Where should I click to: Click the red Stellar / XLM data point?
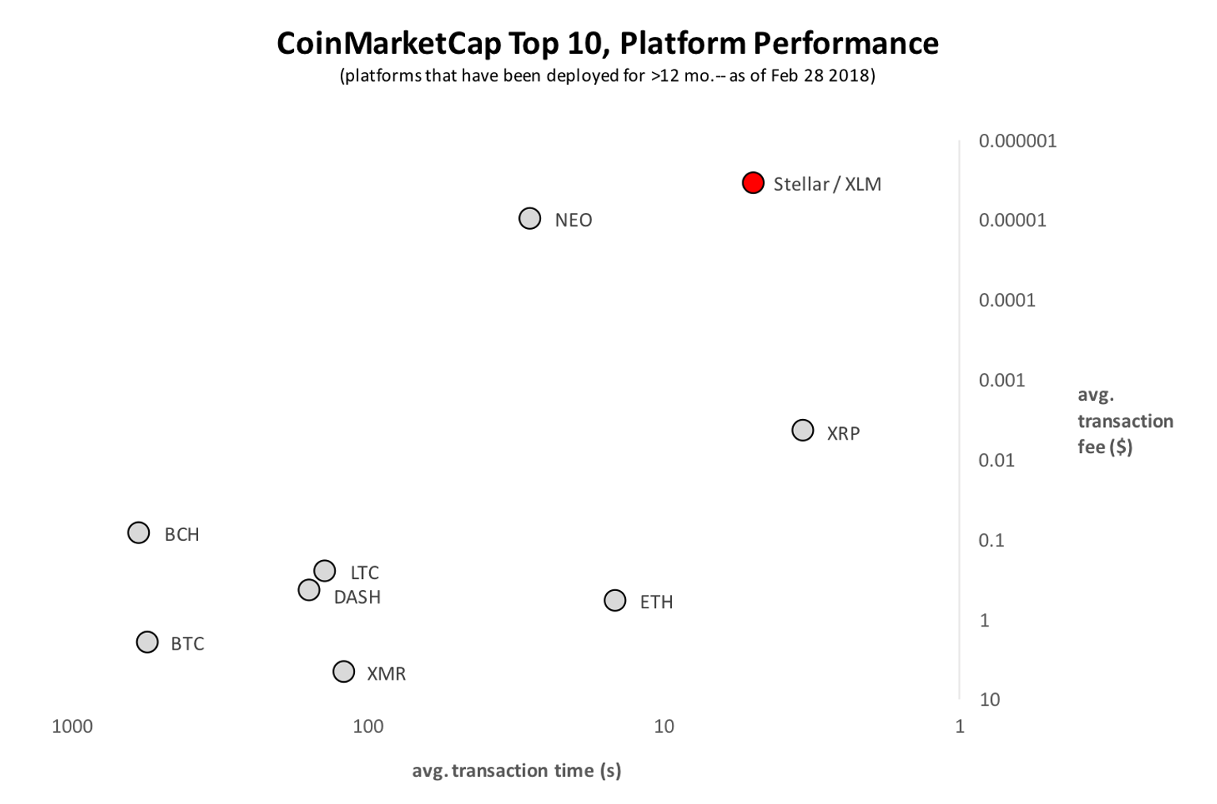[753, 183]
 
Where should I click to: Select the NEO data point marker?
[529, 218]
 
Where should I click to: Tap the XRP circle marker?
[803, 430]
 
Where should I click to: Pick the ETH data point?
[615, 600]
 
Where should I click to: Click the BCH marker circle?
[139, 532]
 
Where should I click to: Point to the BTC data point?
[147, 642]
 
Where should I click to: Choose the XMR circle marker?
[343, 672]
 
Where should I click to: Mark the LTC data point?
[324, 570]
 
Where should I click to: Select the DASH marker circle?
[309, 590]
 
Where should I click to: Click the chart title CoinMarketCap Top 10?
[607, 44]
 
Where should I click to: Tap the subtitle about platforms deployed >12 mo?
[607, 76]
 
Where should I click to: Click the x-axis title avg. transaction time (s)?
[517, 771]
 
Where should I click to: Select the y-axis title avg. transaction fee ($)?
[1124, 421]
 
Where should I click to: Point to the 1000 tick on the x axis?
[72, 726]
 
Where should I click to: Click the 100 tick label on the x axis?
[368, 726]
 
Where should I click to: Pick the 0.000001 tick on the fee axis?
[1017, 141]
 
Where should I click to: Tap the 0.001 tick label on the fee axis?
[1001, 380]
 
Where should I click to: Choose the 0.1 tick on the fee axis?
[991, 540]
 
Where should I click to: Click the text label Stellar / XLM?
[827, 185]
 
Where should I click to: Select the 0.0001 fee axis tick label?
[1006, 300]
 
